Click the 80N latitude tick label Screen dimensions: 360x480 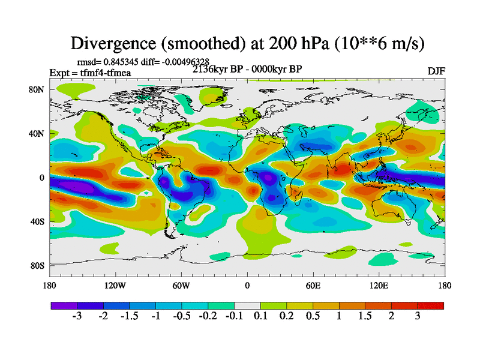pos(37,89)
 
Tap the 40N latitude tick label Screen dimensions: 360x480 pos(37,133)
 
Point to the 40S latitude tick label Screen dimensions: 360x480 pos(37,221)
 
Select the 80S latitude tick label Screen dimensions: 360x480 pos(37,265)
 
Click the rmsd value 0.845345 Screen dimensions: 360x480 pos(124,61)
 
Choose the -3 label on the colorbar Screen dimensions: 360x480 pos(76,316)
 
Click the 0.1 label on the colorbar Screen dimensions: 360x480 pos(260,316)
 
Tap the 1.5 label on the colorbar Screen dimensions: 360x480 pos(365,316)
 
